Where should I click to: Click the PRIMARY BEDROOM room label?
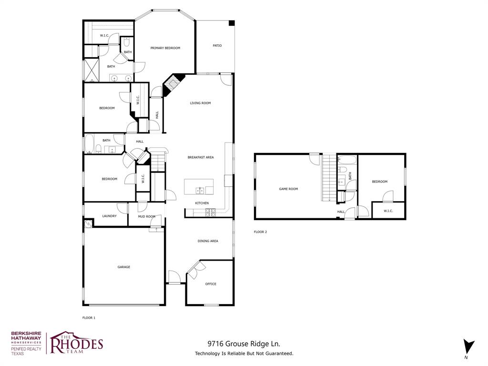[165, 48]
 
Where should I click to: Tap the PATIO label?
[217, 46]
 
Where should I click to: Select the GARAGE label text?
[124, 267]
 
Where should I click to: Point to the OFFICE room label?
[211, 284]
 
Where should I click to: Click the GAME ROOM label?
[288, 189]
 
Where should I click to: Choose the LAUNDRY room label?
[109, 216]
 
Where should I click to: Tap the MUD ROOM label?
[147, 216]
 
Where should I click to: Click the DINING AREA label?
[208, 241]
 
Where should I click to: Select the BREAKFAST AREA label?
[200, 157]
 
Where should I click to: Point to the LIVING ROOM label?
[200, 103]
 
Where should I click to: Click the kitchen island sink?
[201, 191]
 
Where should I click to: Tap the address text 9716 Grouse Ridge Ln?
[244, 343]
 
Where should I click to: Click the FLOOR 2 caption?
[260, 232]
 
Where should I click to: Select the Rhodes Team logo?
[76, 343]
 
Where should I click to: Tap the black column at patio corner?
[232, 23]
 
